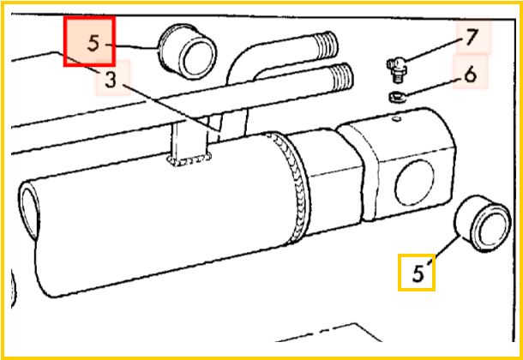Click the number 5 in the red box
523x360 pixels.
(94, 44)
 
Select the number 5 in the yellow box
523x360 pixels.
(418, 274)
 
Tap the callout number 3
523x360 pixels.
(111, 80)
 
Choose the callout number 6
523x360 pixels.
(471, 75)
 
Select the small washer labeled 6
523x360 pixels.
(396, 97)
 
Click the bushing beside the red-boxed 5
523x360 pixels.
(187, 51)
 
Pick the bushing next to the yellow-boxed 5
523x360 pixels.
(483, 224)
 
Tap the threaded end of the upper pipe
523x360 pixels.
(327, 45)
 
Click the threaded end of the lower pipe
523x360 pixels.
(341, 77)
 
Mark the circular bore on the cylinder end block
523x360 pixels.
(414, 183)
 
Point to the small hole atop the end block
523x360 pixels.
(396, 118)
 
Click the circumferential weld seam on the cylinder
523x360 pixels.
(291, 187)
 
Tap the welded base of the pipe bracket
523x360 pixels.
(189, 159)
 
